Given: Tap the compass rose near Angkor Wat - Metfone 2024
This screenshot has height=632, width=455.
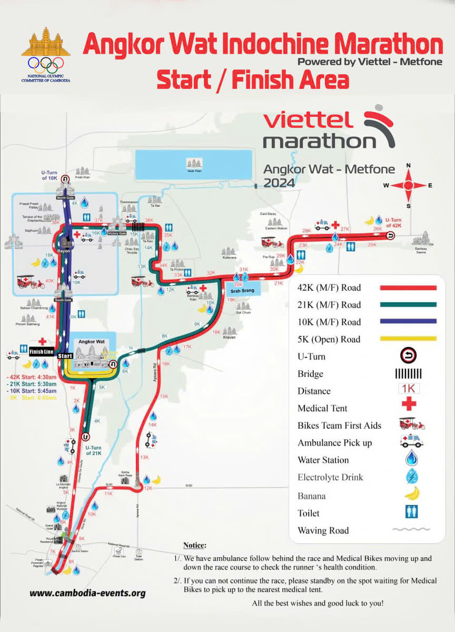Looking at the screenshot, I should pyautogui.click(x=408, y=185).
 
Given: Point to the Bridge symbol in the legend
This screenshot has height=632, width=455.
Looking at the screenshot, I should pyautogui.click(x=408, y=373).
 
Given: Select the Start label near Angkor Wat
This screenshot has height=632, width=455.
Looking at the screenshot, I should pyautogui.click(x=65, y=356).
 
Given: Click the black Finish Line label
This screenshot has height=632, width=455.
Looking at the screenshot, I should pyautogui.click(x=43, y=352).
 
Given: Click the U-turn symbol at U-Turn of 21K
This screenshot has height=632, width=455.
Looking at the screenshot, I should pyautogui.click(x=86, y=437).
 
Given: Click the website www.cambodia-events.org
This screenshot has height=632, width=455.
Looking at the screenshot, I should pyautogui.click(x=87, y=593).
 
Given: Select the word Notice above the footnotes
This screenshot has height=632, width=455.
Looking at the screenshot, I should pyautogui.click(x=194, y=545).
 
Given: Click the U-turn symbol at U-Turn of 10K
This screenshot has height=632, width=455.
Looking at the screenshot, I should pyautogui.click(x=65, y=179).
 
